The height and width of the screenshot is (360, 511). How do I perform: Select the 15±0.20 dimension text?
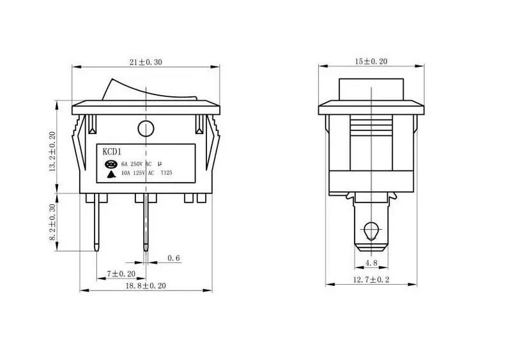click(372, 61)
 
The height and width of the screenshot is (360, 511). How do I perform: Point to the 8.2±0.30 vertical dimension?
click(53, 221)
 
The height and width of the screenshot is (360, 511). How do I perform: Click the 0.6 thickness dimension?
click(173, 258)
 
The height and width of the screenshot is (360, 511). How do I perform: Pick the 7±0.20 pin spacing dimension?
click(121, 274)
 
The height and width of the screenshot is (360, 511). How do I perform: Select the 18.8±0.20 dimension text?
click(145, 287)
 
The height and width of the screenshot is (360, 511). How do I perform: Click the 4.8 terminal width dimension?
click(372, 262)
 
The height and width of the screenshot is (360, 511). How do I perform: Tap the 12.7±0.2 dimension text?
click(372, 280)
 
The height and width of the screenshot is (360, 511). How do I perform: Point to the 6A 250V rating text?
click(133, 163)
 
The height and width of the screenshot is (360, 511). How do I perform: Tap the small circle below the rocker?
click(146, 128)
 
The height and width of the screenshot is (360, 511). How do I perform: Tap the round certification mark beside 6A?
click(111, 163)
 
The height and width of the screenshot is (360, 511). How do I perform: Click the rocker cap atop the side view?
click(371, 89)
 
